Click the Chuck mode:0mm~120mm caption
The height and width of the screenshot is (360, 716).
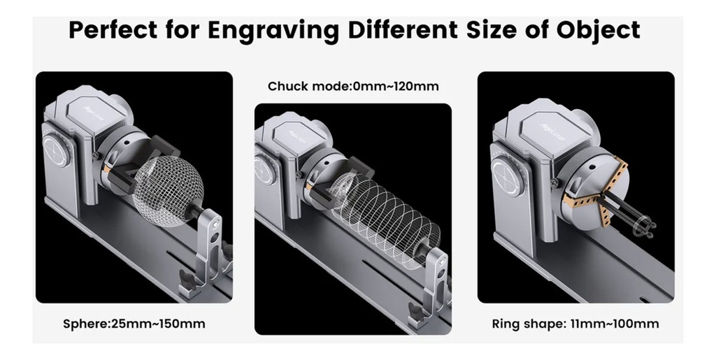353,87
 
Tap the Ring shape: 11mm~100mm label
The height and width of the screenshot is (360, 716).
575,324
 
